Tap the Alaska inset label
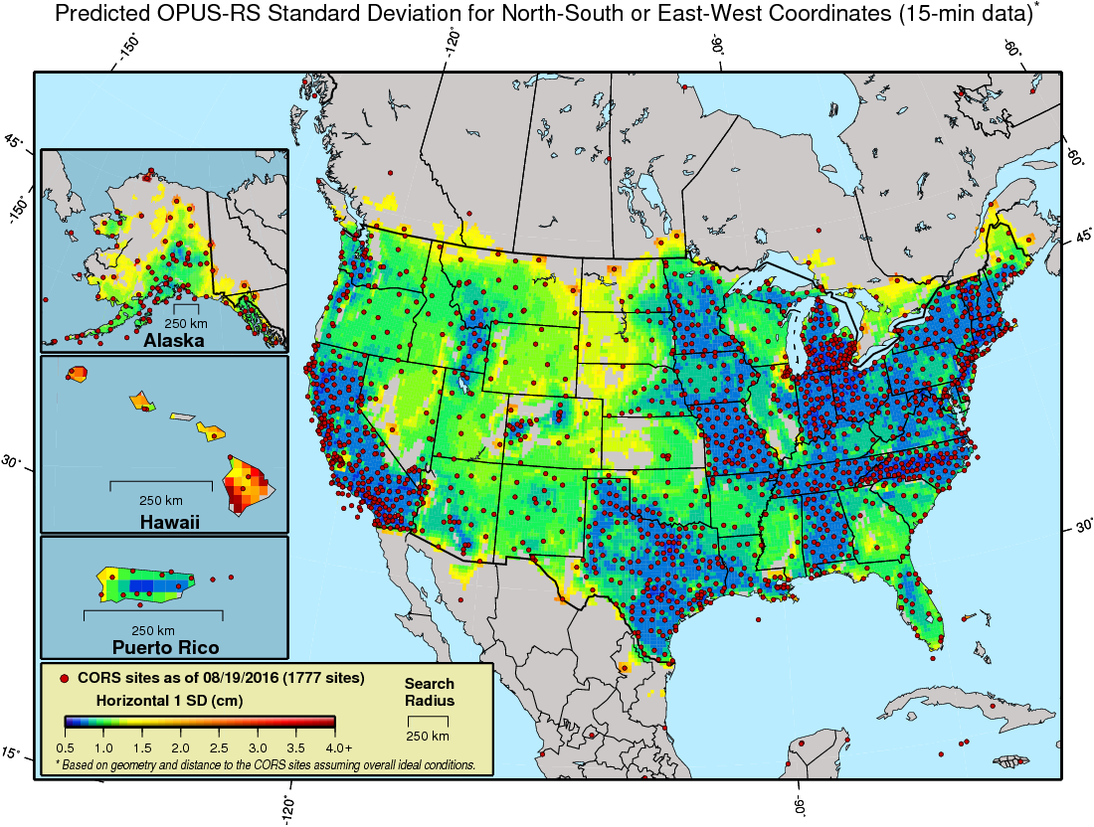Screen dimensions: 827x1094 pos(173,340)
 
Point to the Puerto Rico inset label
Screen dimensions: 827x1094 pos(155,648)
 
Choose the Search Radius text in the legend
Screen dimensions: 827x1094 pos(430,692)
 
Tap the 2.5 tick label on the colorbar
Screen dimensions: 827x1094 pos(219,746)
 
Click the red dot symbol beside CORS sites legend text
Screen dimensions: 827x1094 pos(66,679)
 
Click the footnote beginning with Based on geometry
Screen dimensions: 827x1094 pos(269,765)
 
